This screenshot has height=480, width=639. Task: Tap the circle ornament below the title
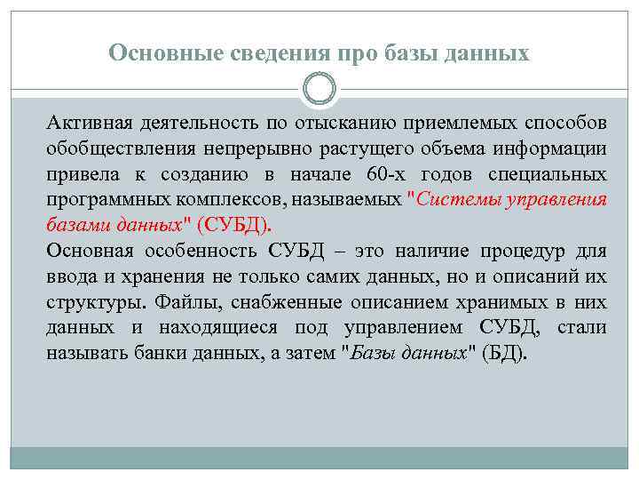[x=319, y=89]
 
